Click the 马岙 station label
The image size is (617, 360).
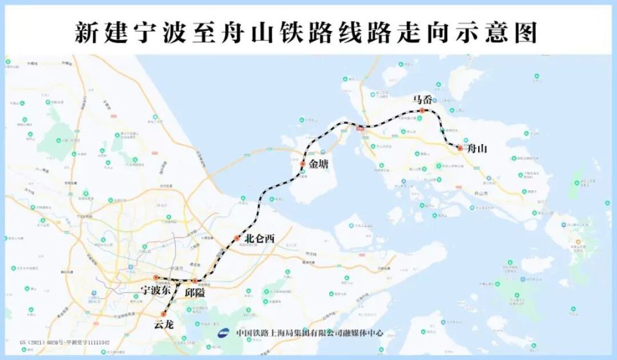click(422, 100)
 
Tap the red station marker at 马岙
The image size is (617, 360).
click(422, 111)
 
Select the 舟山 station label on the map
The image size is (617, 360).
click(477, 148)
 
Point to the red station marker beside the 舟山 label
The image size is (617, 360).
click(460, 148)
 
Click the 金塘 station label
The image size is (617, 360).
click(318, 165)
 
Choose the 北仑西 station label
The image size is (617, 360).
click(260, 239)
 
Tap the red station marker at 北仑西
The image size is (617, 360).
click(237, 239)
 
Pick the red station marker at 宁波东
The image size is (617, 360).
click(156, 278)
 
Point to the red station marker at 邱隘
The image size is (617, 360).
click(194, 281)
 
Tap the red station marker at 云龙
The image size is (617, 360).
click(164, 314)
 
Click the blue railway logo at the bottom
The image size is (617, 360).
click(225, 333)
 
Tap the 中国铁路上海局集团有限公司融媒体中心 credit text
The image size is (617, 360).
click(309, 333)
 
